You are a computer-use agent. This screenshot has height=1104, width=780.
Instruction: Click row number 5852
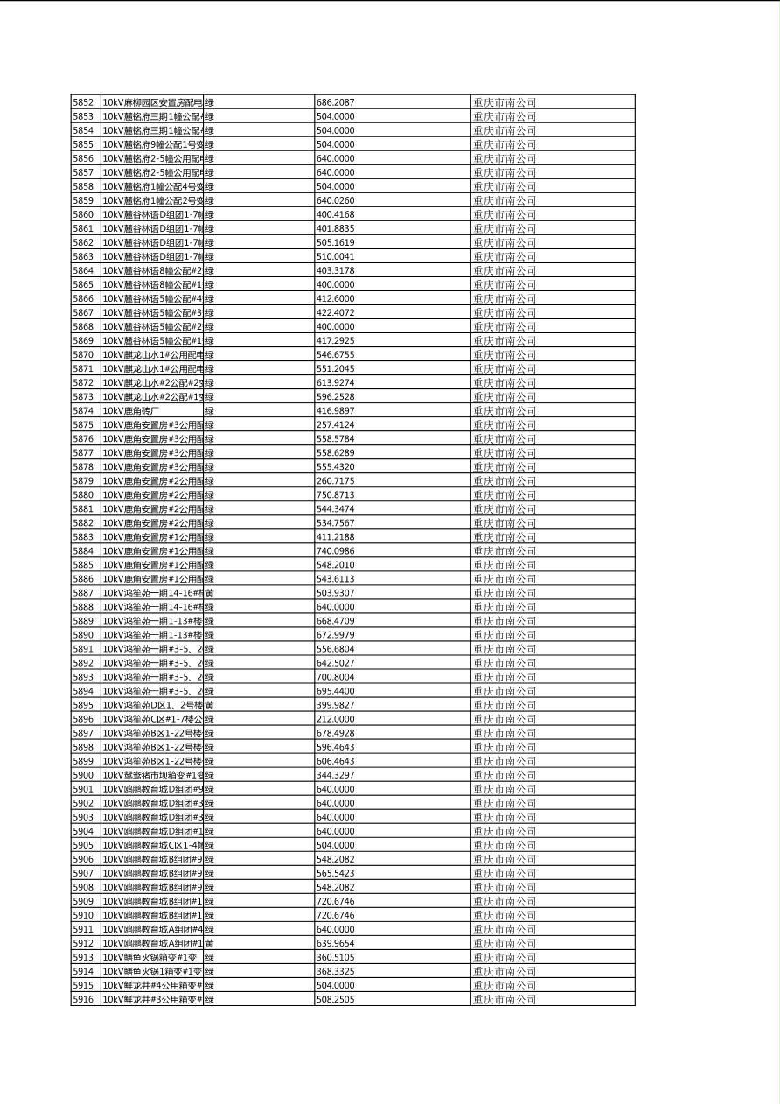(x=83, y=102)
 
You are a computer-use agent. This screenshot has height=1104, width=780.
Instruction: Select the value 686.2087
(x=335, y=102)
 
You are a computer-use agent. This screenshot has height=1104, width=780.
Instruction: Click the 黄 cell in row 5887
(x=210, y=593)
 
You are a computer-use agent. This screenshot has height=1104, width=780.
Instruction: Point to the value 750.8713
(x=335, y=495)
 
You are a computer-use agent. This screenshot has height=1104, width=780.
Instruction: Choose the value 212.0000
(x=335, y=719)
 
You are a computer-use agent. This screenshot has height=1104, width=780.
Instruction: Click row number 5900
(x=83, y=775)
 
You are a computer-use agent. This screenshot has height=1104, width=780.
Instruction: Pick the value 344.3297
(x=335, y=775)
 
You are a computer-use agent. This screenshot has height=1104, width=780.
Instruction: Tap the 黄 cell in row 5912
(x=210, y=943)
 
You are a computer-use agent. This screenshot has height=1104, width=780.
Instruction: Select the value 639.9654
(x=335, y=943)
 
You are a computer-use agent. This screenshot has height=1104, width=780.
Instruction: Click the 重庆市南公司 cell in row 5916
(x=505, y=999)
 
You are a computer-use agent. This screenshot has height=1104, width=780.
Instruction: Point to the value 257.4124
(x=335, y=424)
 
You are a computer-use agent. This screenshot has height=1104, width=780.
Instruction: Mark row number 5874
(x=83, y=410)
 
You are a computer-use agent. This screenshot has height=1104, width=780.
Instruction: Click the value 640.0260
(x=335, y=200)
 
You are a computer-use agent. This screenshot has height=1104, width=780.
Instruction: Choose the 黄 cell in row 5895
(x=210, y=705)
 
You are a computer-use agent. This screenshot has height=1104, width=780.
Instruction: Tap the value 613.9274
(x=335, y=382)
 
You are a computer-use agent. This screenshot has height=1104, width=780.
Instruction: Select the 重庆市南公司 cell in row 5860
(x=505, y=214)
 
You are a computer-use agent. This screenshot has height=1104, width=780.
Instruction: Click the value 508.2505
(x=335, y=999)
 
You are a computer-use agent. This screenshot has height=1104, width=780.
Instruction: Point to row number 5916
(x=83, y=999)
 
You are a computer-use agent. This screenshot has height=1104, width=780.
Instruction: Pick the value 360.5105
(x=335, y=957)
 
